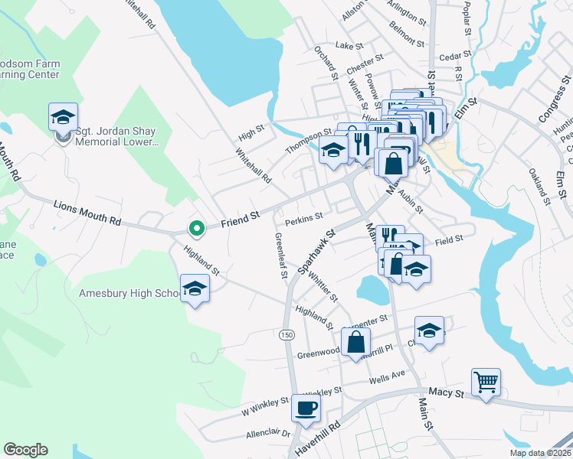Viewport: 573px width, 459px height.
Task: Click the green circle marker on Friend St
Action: click(196, 227)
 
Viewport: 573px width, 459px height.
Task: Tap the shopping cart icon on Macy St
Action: click(486, 380)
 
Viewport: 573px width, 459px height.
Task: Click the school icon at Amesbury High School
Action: click(195, 288)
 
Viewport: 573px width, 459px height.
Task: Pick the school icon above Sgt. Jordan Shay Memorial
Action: click(63, 117)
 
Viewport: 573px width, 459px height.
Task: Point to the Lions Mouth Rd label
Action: click(87, 213)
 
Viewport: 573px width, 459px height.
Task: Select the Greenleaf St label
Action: click(279, 256)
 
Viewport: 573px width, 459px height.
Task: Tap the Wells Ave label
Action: click(386, 376)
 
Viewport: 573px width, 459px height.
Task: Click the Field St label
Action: click(449, 239)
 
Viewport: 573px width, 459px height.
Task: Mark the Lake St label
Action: click(349, 46)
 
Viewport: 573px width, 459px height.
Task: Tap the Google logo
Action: click(25, 450)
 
